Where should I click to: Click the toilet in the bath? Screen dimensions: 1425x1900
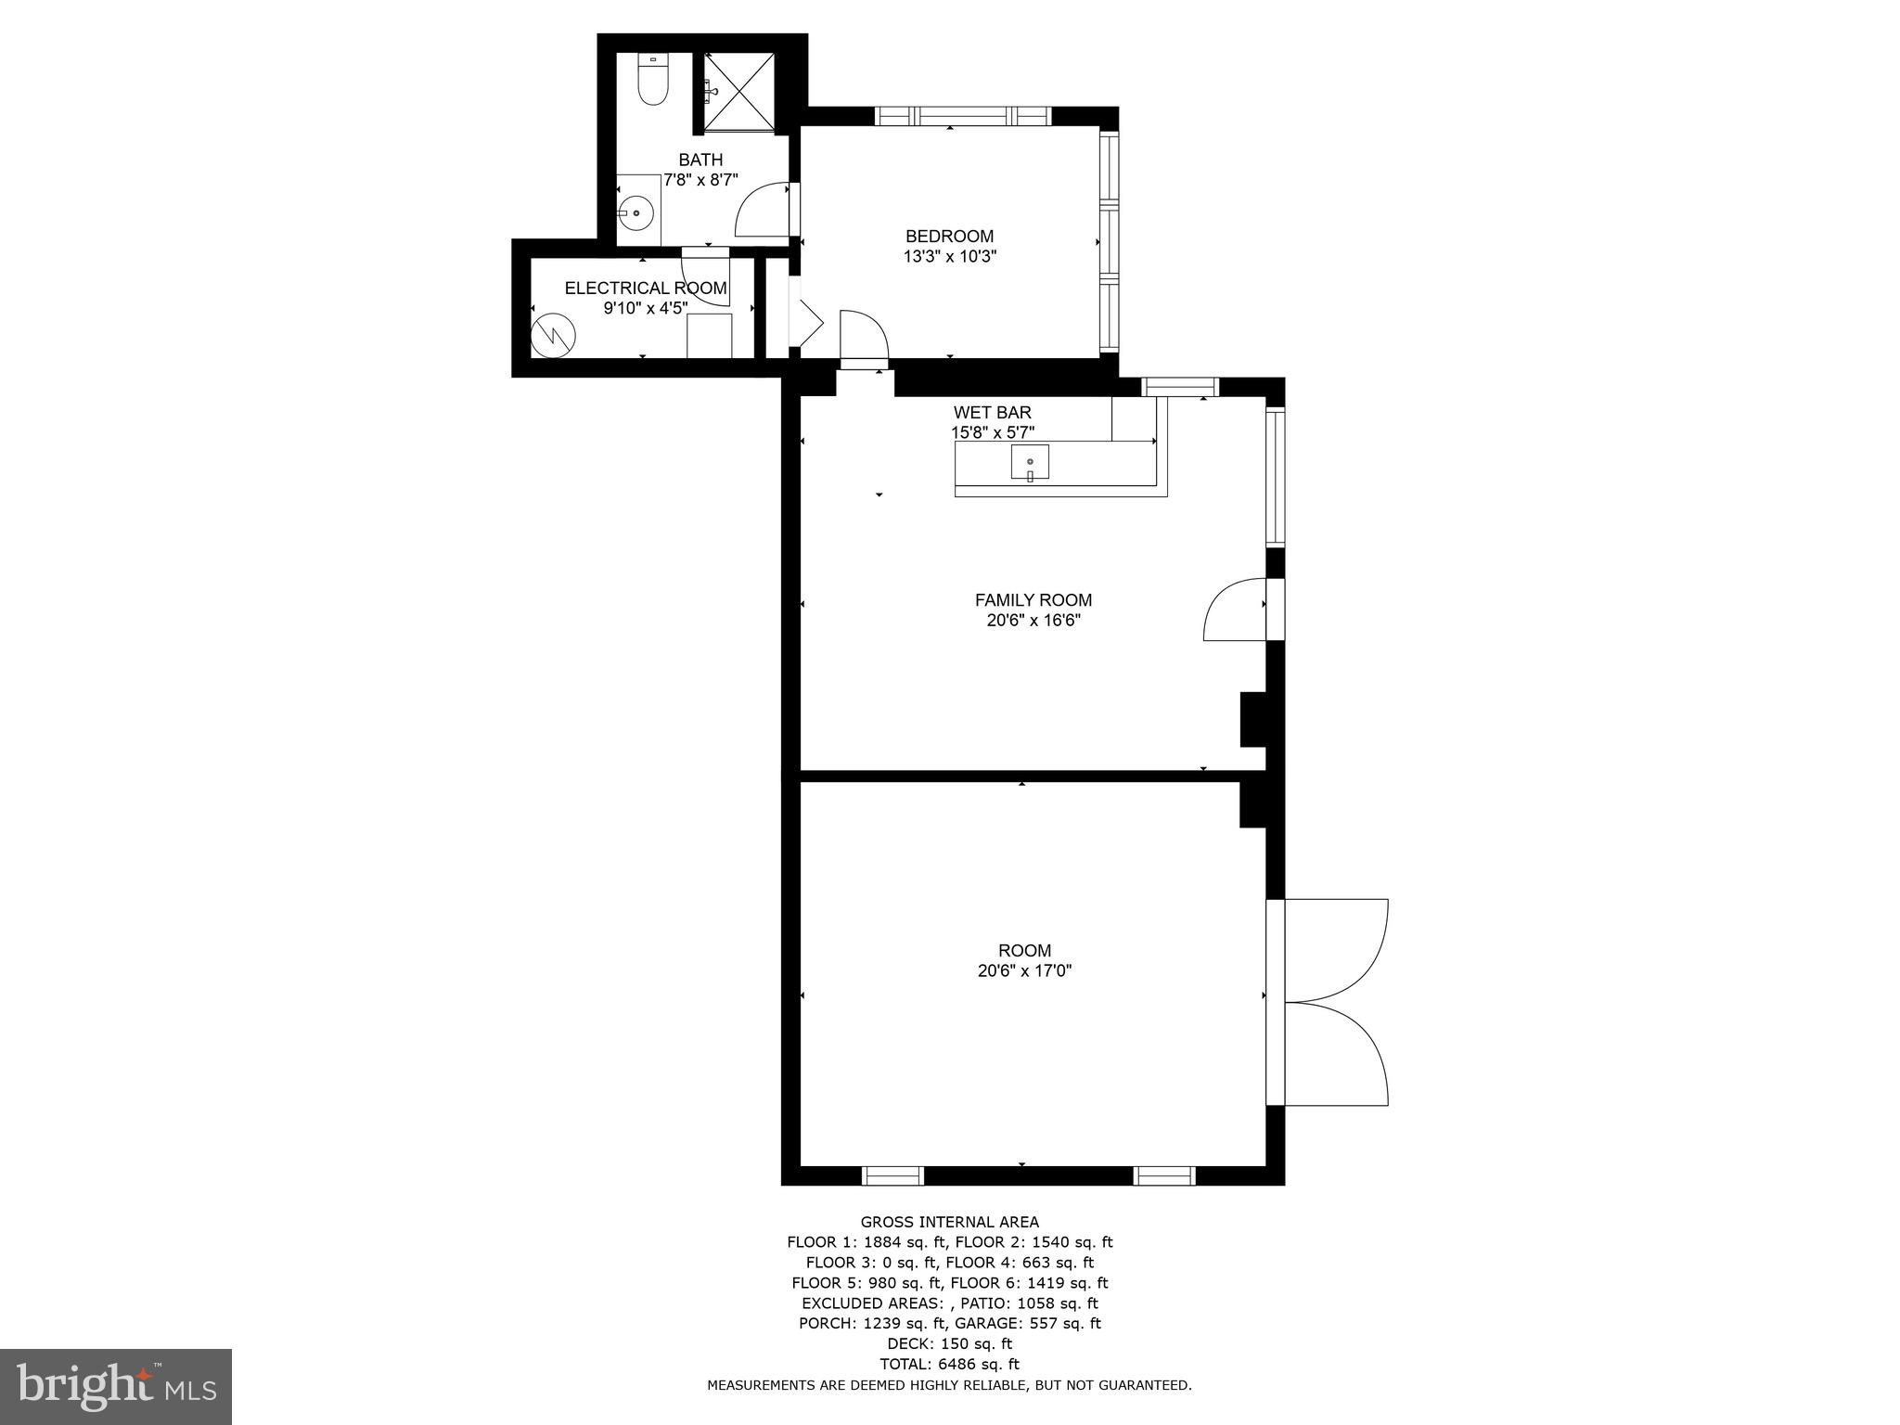[x=653, y=81]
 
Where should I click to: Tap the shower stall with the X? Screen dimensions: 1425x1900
[x=738, y=92]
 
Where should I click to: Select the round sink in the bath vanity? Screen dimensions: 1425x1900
[x=636, y=213]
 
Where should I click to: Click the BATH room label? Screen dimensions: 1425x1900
[x=700, y=160]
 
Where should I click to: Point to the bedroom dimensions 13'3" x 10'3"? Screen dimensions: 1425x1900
[x=949, y=257]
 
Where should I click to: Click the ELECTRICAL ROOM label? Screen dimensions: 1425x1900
[x=646, y=289]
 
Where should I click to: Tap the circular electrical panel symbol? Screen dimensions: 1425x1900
[x=553, y=336]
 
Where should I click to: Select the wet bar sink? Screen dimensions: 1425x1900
[x=1030, y=462]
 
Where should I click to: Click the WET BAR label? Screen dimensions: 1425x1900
[x=992, y=412]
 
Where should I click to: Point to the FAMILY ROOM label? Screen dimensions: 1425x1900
[x=1033, y=600]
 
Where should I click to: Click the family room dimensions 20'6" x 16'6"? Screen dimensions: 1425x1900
[x=1033, y=621]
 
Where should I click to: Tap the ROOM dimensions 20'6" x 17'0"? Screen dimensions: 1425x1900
[x=1024, y=970]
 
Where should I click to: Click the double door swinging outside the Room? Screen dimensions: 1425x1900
[x=1336, y=1002]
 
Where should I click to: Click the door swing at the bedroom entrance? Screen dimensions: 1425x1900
[x=864, y=336]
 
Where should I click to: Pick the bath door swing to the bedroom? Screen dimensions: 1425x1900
[x=761, y=212]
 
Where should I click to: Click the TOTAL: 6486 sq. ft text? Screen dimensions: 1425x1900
[x=949, y=1364]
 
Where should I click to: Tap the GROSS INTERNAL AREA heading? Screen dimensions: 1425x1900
[x=949, y=1222]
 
